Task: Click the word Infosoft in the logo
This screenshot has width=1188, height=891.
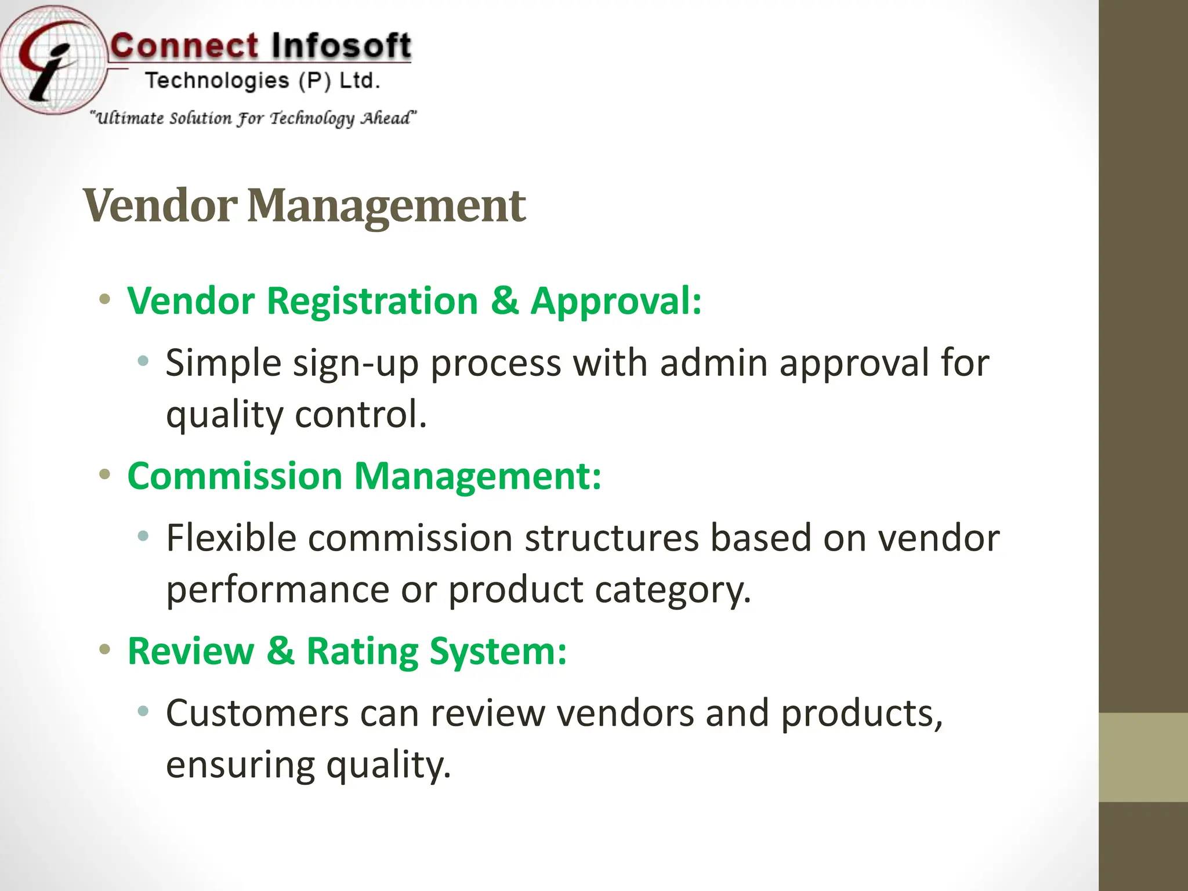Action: click(341, 46)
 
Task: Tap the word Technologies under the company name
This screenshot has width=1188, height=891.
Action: click(216, 81)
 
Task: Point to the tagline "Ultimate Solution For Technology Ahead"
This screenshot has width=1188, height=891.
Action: click(253, 118)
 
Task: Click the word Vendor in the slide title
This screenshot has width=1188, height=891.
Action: click(160, 205)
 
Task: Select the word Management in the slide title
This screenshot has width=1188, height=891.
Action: click(386, 205)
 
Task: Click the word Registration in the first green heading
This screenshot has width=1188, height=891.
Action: click(372, 301)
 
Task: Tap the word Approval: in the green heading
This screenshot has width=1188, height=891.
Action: click(615, 301)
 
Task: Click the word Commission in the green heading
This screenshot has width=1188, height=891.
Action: click(234, 476)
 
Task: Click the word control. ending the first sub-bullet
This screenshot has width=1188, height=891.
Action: click(361, 415)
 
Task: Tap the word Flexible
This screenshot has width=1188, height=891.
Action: click(231, 538)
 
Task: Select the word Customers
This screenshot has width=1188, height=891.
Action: click(257, 713)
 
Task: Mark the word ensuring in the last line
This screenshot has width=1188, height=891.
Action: click(240, 765)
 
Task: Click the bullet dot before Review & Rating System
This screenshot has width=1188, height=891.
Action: click(104, 649)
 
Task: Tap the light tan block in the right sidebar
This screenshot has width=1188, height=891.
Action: click(1143, 757)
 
